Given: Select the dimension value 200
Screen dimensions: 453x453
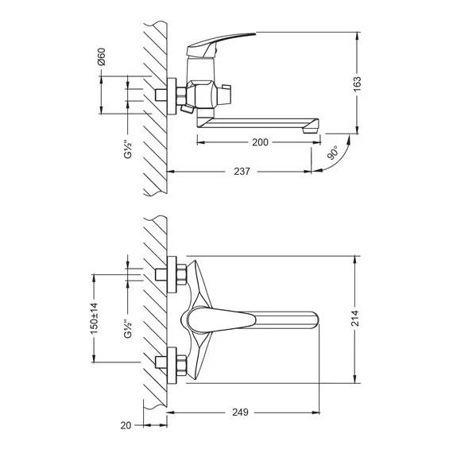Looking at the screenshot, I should (259, 143).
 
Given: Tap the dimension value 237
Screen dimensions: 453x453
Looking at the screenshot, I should (243, 171).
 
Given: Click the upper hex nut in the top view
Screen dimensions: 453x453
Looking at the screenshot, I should (180, 273).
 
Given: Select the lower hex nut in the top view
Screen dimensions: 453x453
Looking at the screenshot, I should (180, 366).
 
